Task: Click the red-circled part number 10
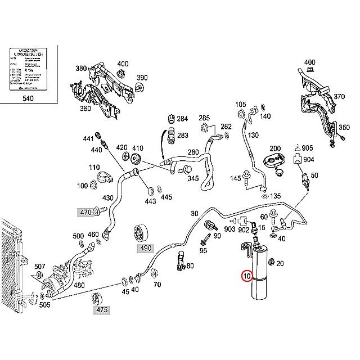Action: pos(247,276)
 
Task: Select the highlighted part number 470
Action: pos(85,212)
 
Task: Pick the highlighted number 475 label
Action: pos(101,309)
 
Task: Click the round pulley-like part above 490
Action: pos(139,232)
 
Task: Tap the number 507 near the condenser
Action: pos(39,266)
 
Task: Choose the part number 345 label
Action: pos(192,178)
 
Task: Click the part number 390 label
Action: pos(142,78)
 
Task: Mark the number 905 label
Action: pos(307,148)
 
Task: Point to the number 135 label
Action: pos(275,196)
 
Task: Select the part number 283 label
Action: pos(182,136)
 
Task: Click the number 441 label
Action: pos(88,139)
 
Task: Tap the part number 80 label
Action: pos(190,265)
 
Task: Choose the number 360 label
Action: pos(85,108)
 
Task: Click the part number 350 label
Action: pos(344,128)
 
